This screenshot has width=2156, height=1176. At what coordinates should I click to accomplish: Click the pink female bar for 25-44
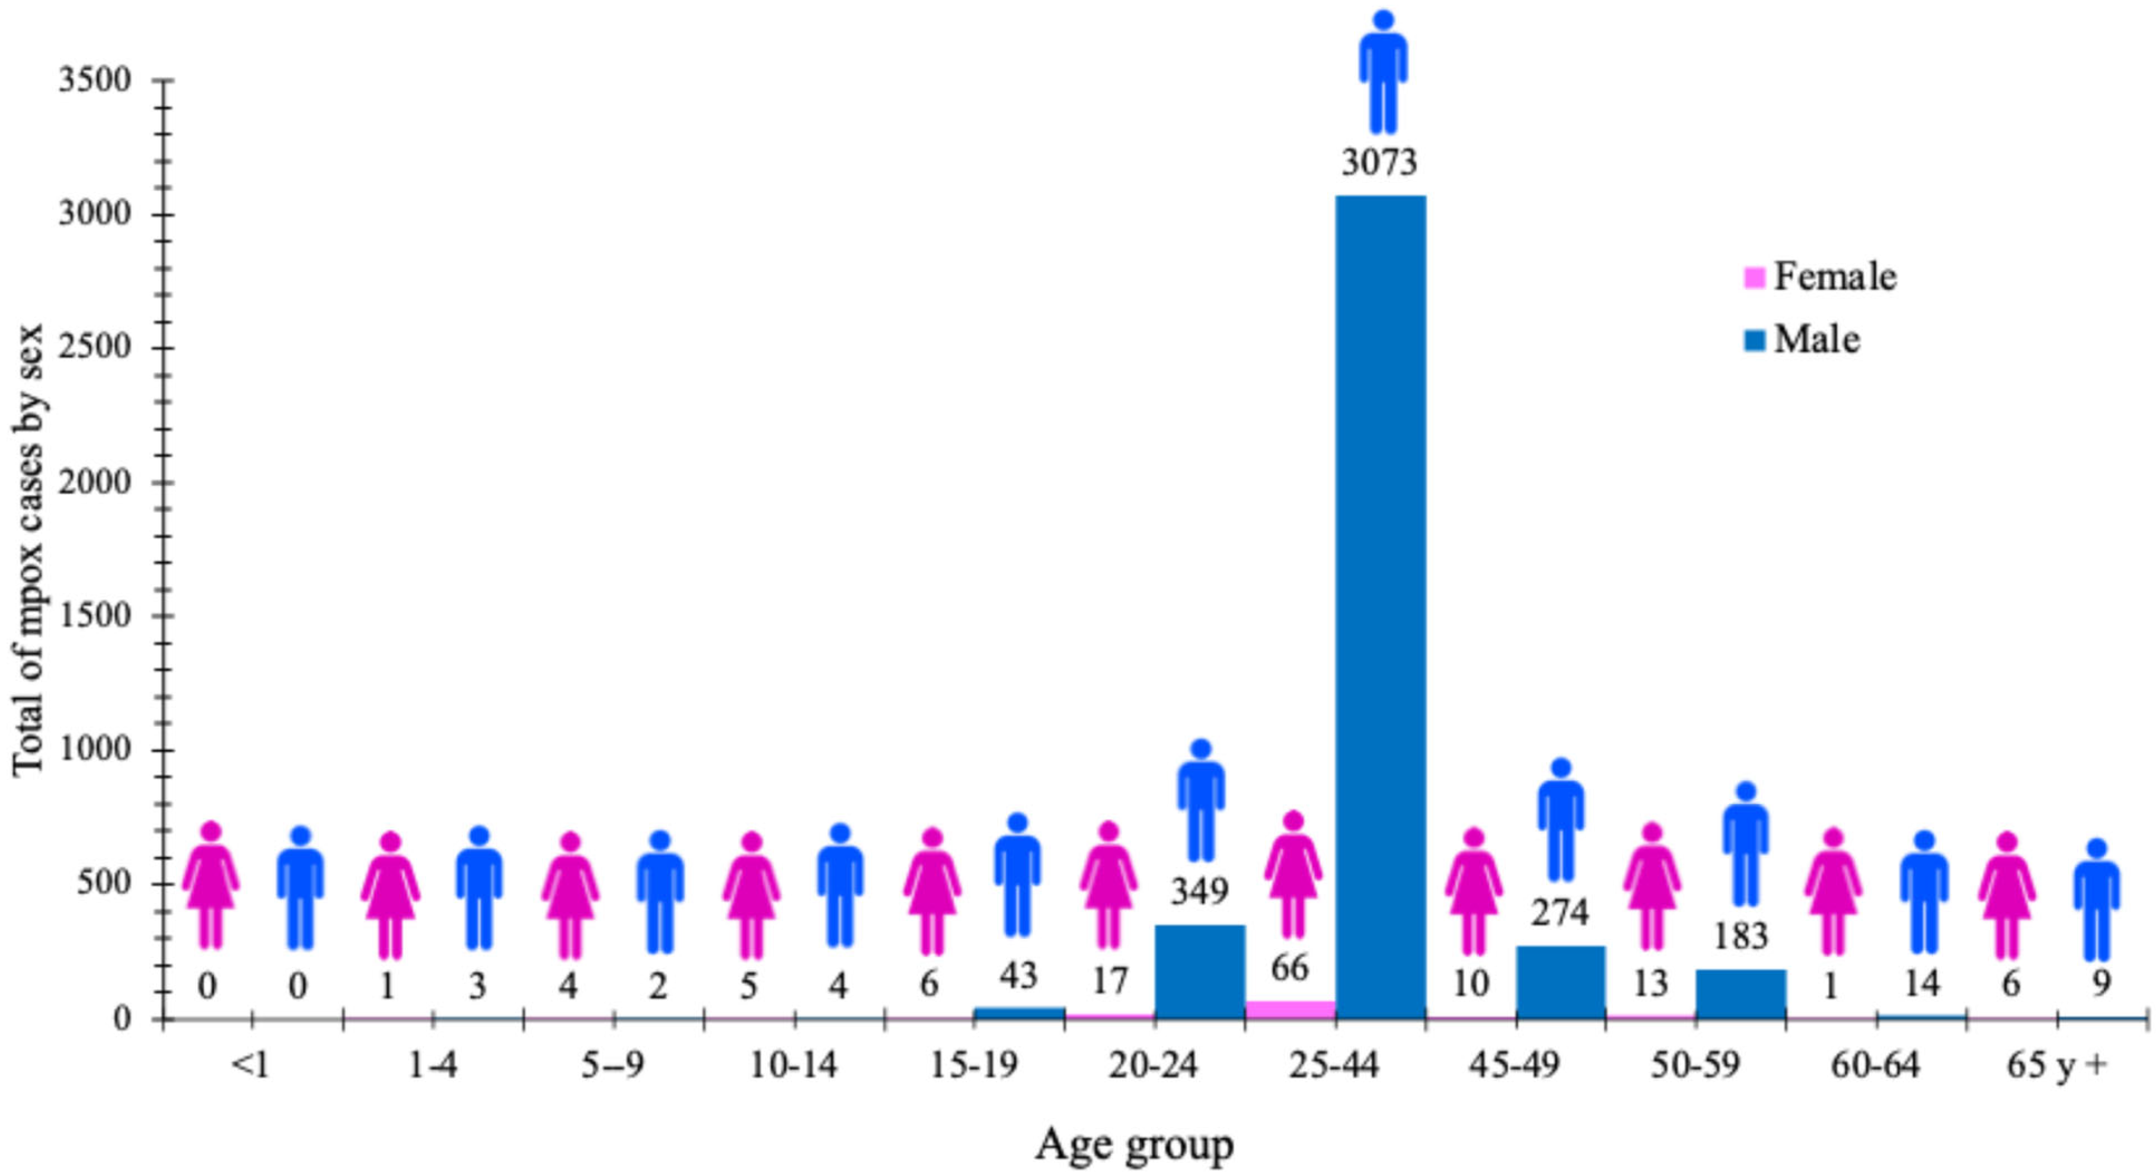1290,1009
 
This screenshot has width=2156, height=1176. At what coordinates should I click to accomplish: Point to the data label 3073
1379,162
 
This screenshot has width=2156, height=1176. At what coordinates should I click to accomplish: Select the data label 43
1018,975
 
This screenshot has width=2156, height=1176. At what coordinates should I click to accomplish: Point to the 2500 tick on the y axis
95,347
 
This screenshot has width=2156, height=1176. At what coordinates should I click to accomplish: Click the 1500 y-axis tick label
95,615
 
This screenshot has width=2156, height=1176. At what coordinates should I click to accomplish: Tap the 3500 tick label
95,81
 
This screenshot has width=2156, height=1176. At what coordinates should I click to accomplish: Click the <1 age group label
251,1066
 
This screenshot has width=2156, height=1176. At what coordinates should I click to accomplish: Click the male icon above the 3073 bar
1382,73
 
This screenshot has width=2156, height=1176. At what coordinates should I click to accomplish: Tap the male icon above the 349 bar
1201,800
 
